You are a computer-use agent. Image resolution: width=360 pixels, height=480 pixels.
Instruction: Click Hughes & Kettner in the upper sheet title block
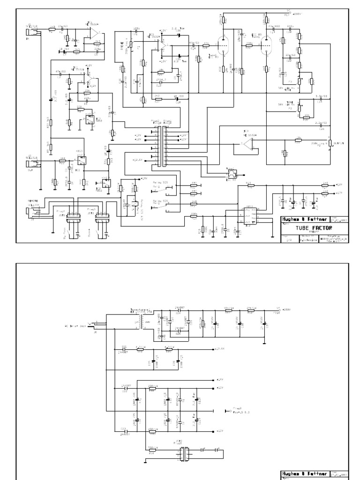(305, 219)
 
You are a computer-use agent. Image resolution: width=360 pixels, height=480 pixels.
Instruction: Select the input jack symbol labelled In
(28, 31)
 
